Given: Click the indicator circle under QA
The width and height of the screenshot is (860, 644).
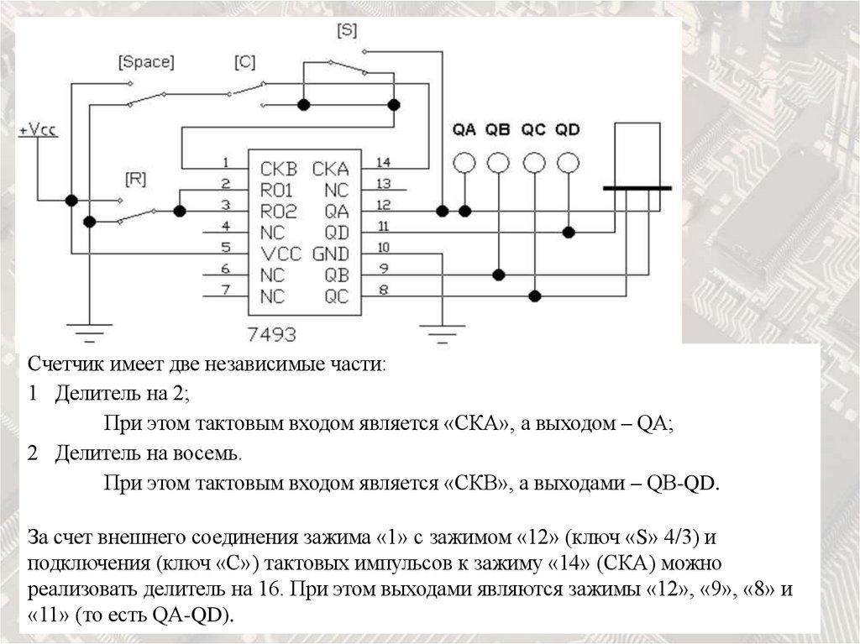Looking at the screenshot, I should coord(464,162).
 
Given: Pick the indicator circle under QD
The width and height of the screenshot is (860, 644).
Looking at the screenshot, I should coord(569,162).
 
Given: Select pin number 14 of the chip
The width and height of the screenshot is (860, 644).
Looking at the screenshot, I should coord(383,162).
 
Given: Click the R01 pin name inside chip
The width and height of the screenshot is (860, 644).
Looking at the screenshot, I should coord(276,189).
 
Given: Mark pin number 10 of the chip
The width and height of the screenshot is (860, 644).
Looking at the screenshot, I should coord(383,248).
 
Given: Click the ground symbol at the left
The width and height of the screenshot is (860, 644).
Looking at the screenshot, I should coord(88,329).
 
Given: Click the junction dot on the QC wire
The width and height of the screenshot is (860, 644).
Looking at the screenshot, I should coord(534,296).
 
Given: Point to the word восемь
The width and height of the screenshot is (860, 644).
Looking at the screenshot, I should coord(210,454).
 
